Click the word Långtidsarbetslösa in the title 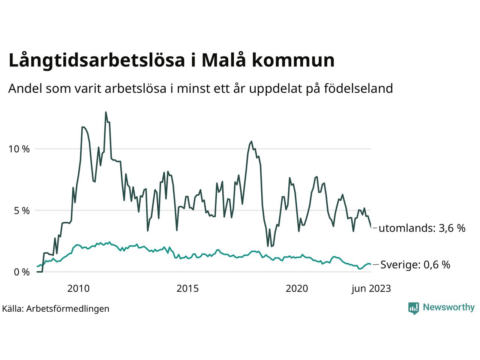tap(97, 61)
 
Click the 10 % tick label tap(19, 149)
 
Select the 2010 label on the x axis tap(78, 288)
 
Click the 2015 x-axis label tap(187, 288)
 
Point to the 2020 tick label tap(297, 288)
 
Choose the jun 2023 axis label tap(371, 288)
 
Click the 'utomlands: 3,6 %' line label tap(422, 228)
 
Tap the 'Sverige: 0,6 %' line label tap(415, 265)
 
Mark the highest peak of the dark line tap(106, 112)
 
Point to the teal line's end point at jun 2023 tap(371, 264)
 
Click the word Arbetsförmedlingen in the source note tap(68, 309)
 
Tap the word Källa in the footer tap(13, 309)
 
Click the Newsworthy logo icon tap(413, 308)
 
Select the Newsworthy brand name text tap(448, 307)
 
